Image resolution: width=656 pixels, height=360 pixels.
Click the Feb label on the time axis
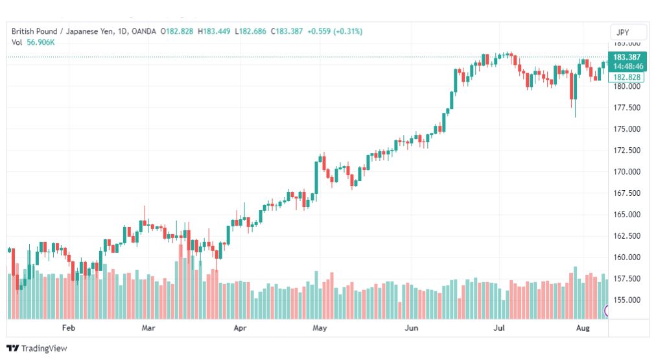[x=69, y=328]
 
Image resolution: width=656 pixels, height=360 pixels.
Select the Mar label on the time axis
[x=148, y=328]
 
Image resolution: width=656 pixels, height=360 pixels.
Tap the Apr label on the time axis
[x=240, y=328]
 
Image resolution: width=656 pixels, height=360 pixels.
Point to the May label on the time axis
[x=320, y=328]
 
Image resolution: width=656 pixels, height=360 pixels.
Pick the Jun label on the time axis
[x=411, y=328]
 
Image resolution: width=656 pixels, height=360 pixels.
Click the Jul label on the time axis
[x=499, y=328]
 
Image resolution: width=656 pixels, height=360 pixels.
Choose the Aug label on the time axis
[x=583, y=328]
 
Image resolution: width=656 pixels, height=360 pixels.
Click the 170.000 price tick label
[x=627, y=172]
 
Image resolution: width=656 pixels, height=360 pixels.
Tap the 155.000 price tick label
[x=627, y=300]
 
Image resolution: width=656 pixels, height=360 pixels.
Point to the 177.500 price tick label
[x=627, y=108]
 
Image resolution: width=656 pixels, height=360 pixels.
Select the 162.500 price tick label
[x=627, y=235]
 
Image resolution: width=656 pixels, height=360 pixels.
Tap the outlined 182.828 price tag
[x=626, y=77]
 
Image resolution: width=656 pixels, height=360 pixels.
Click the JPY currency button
[x=623, y=32]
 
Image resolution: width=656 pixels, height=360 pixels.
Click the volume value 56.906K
[x=41, y=42]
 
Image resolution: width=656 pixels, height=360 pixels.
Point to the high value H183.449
[x=214, y=31]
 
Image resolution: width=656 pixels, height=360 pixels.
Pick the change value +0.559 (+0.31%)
[x=334, y=31]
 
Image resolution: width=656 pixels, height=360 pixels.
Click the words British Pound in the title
[x=34, y=31]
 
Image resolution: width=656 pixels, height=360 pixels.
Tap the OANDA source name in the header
[x=143, y=31]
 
